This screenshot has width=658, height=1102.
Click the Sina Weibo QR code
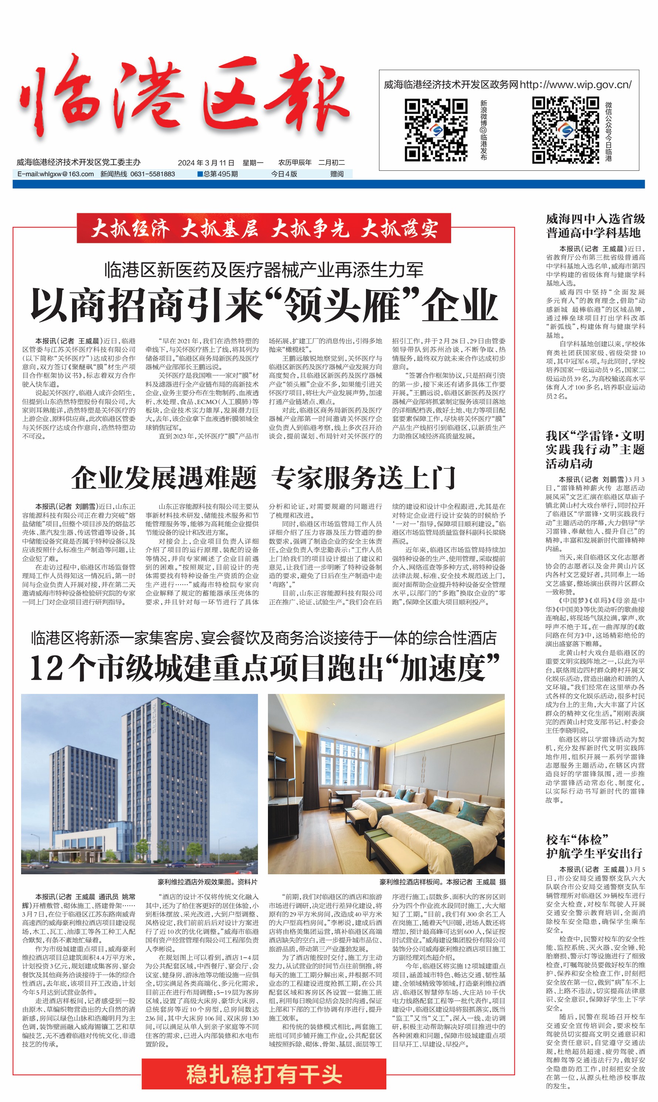coord(436,130)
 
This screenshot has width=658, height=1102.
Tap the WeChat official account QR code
coord(565,130)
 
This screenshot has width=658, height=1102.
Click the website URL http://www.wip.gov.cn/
coord(575,85)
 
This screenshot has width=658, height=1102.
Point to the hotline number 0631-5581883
coord(152,174)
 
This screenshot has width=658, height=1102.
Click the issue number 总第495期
coord(218,174)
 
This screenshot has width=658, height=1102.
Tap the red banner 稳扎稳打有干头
coord(264,1074)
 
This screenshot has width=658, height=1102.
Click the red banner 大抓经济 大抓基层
coord(264,228)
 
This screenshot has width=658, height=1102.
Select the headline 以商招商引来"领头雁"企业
coord(264,305)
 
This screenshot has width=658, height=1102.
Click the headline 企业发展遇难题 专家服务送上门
coord(264,478)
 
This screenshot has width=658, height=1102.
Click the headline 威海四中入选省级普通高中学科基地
coord(595,226)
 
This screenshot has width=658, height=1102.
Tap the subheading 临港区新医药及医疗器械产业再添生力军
coord(264,270)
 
